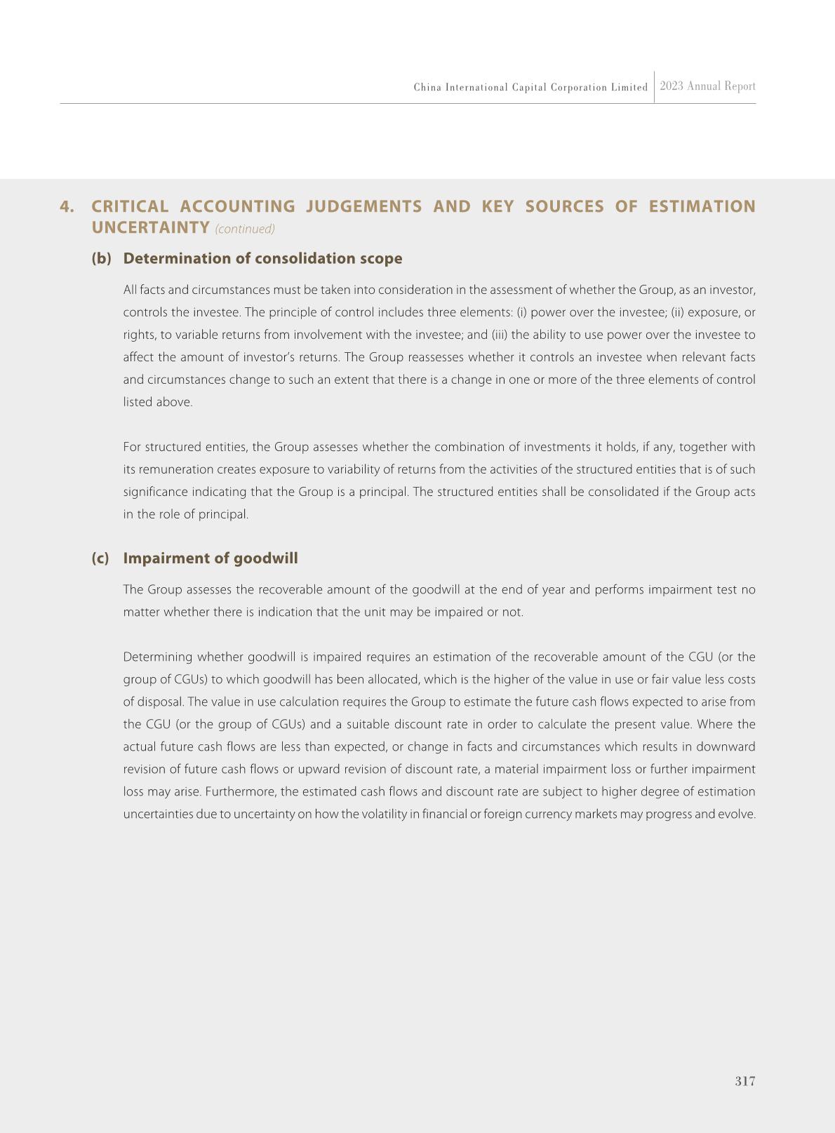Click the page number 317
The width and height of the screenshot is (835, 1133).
pyautogui.click(x=744, y=1081)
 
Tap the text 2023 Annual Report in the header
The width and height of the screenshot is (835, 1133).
pyautogui.click(x=707, y=86)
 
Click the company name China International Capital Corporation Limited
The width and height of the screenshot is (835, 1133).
pyautogui.click(x=530, y=88)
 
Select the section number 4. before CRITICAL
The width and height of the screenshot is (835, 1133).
pyautogui.click(x=67, y=207)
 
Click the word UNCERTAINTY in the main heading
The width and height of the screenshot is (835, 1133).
pyautogui.click(x=150, y=228)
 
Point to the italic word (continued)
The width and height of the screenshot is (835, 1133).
pyautogui.click(x=245, y=229)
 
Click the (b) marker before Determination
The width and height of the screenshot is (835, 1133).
pyautogui.click(x=101, y=259)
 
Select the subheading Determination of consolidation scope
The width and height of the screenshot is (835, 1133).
pyautogui.click(x=262, y=259)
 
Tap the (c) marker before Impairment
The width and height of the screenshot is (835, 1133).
pyautogui.click(x=100, y=558)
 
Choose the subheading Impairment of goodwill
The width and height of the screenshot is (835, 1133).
pyautogui.click(x=210, y=558)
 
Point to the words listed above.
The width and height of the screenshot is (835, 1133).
pyautogui.click(x=157, y=403)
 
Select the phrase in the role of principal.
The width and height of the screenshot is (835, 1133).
pyautogui.click(x=186, y=515)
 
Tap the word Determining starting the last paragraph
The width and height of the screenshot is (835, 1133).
pyautogui.click(x=157, y=657)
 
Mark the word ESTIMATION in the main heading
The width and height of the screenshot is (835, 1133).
pyautogui.click(x=702, y=207)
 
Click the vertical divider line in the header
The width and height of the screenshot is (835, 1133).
pyautogui.click(x=655, y=87)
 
